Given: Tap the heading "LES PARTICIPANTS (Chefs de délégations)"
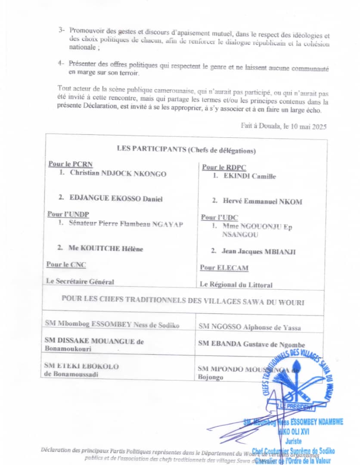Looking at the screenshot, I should coord(186,149).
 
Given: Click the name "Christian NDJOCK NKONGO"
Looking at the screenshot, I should coord(118,174).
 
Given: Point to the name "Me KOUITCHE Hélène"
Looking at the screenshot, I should coord(106,248).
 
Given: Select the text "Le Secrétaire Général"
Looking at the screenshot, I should coord(80,282).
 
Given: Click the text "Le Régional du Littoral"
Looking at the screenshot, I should coord(236,285).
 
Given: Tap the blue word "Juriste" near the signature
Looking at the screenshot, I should coord(294,441).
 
